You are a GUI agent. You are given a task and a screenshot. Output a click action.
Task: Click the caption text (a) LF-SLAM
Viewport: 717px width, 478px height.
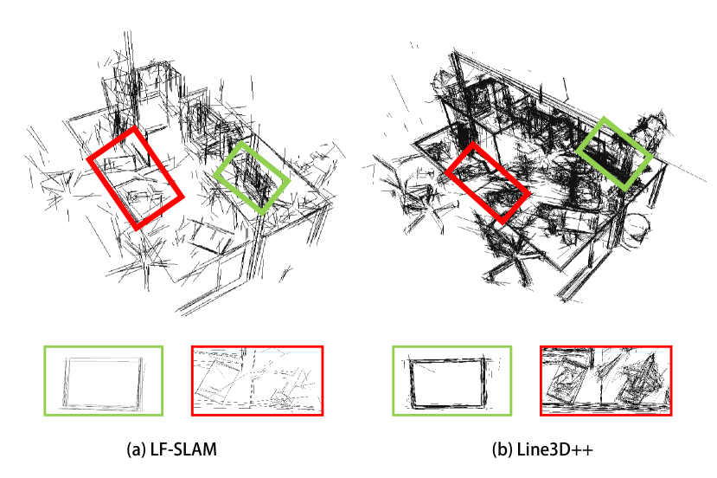click(171, 449)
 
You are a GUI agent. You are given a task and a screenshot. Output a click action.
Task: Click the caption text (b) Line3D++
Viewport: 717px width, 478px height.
click(542, 449)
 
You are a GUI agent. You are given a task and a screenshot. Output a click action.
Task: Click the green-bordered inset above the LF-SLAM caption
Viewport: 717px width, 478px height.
click(103, 347)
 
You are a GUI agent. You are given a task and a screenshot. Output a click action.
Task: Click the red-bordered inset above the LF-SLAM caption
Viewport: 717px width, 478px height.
click(258, 347)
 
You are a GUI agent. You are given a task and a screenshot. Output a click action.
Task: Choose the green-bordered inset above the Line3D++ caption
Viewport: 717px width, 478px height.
click(451, 347)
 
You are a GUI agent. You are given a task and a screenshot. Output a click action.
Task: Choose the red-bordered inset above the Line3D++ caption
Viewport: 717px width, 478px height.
click(606, 347)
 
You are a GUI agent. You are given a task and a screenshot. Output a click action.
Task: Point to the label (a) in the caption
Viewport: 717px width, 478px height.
click(135, 449)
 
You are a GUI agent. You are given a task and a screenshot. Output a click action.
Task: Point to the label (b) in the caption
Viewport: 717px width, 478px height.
click(502, 449)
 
